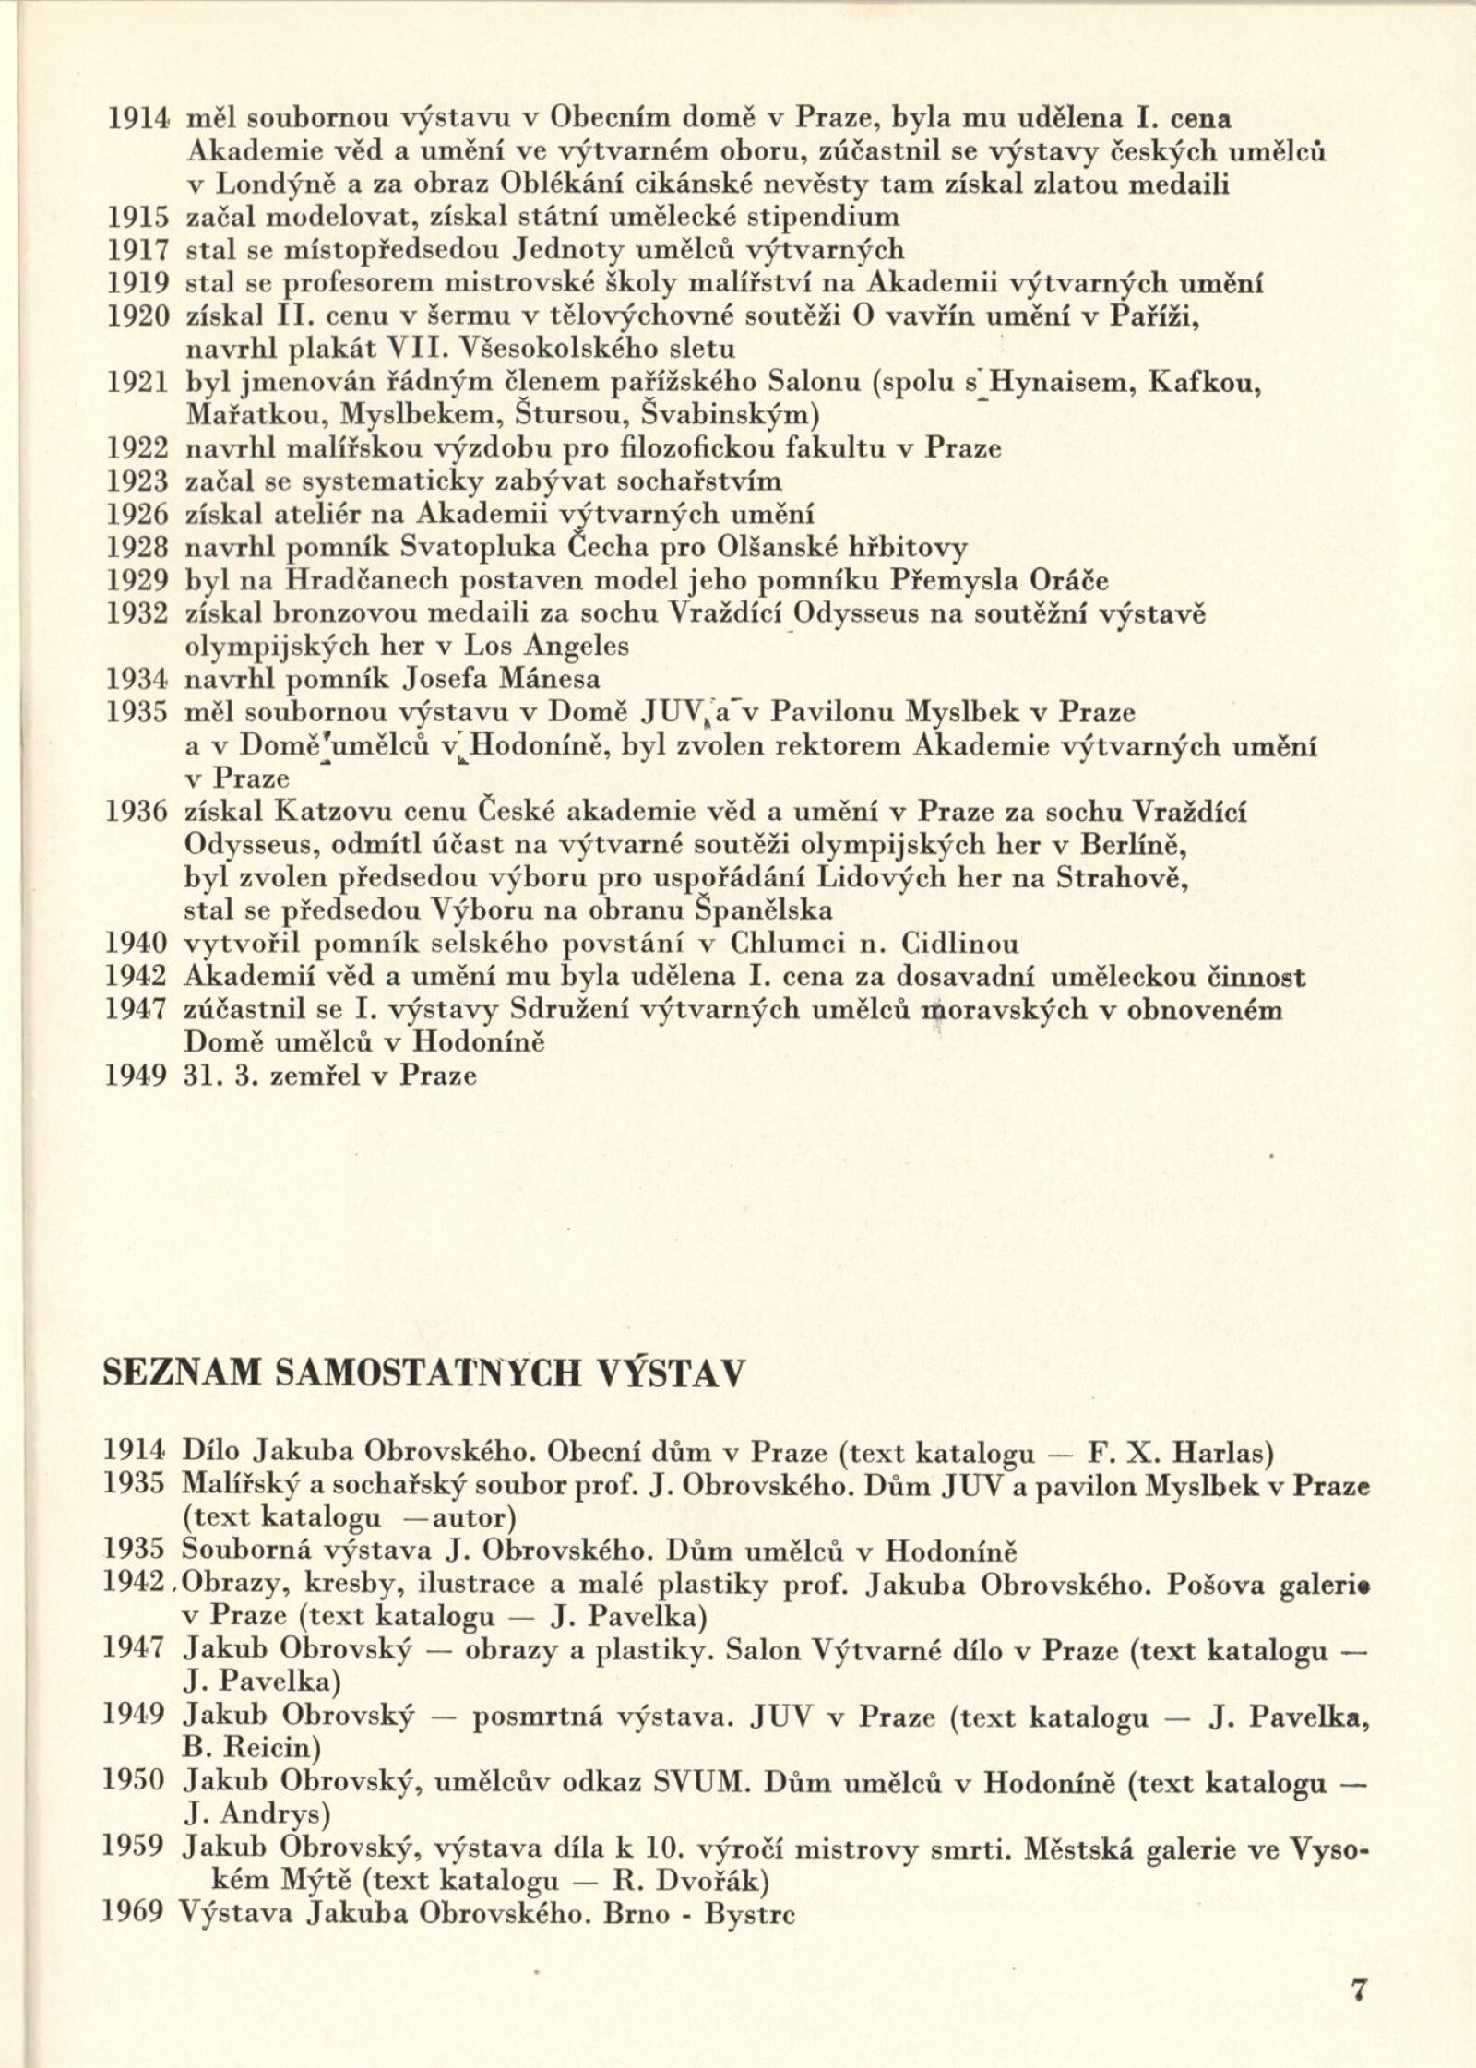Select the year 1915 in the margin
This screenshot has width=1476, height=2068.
(137, 218)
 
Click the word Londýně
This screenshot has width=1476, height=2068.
(273, 185)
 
